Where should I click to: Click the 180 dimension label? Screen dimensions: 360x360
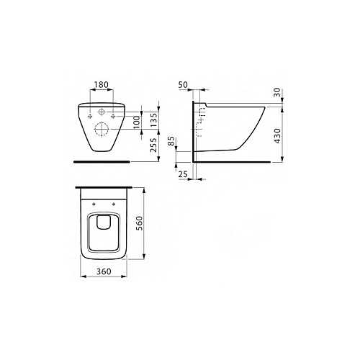coord(102,85)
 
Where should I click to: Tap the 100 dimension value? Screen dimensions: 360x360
coord(137,122)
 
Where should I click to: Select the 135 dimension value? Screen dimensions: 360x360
coord(153,120)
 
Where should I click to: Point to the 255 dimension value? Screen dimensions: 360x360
coord(153,145)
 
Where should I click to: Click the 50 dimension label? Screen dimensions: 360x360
coord(183,85)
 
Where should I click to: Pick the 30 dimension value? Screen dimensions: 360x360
coord(277,92)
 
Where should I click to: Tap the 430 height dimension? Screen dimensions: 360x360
coord(277,136)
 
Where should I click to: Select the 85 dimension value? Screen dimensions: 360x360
coord(171,141)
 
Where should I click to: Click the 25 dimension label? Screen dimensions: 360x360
coord(183,174)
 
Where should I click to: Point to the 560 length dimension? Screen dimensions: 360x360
coord(139,223)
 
